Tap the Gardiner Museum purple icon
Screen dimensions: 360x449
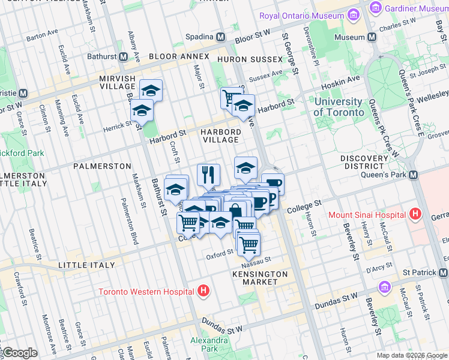376,8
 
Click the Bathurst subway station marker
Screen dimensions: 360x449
123,56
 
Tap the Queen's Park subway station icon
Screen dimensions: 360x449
413,175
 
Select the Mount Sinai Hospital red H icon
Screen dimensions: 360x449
414,214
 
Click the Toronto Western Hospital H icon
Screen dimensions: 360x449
203,291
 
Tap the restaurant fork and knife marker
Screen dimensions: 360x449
208,175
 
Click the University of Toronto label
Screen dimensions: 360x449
339,107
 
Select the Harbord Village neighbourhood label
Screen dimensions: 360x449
220,136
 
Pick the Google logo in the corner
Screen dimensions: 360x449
20,353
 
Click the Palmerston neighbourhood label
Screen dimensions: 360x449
102,165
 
